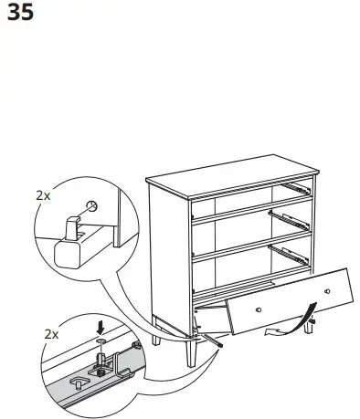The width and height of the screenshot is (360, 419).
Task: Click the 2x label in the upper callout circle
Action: (43, 194)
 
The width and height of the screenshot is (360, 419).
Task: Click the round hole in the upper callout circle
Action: (91, 206)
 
